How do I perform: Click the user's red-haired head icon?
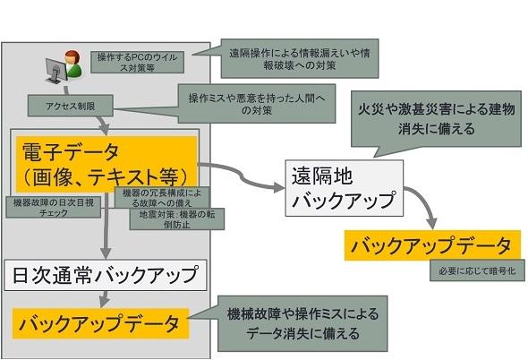pos(72,56)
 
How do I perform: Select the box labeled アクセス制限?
pos(70,106)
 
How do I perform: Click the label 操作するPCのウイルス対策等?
pos(138,62)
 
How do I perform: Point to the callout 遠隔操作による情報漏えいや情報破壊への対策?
pos(300,58)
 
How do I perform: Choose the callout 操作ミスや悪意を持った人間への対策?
pos(257,104)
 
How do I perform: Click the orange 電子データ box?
pos(106,164)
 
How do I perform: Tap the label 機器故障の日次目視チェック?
pos(54,207)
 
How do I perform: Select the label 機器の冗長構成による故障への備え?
pos(162,198)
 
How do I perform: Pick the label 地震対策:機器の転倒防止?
pos(177,219)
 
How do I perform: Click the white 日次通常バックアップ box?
pos(106,275)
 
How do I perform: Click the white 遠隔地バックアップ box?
pos(345,188)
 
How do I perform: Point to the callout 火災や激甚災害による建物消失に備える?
pos(436,118)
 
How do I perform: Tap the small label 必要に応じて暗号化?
pos(477,270)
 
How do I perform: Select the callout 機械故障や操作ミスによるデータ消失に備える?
pos(302,323)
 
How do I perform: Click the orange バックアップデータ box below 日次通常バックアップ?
pos(100,323)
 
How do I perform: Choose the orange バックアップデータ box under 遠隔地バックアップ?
pos(432,245)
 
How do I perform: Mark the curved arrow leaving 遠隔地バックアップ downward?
pos(425,203)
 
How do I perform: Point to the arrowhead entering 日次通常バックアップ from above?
pos(106,253)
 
